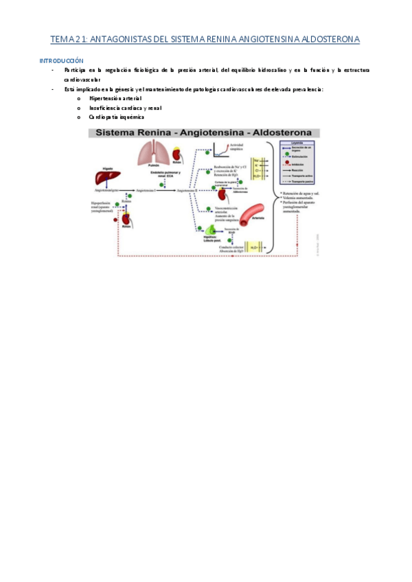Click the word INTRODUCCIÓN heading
coord(62,61)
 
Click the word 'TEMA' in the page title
coord(65,40)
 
